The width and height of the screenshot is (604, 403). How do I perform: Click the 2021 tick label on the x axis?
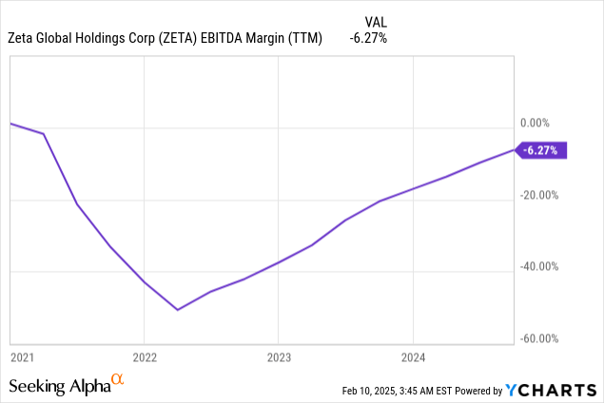pyautogui.click(x=22, y=356)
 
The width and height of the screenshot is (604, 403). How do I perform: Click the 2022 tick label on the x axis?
pyautogui.click(x=144, y=356)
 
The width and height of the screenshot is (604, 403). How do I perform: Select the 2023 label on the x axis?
pyautogui.click(x=278, y=356)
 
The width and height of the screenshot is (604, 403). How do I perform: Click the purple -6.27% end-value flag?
pyautogui.click(x=541, y=149)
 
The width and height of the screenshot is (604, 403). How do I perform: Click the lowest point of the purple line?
pyautogui.click(x=177, y=309)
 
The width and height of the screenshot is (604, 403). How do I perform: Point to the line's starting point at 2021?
pyautogui.click(x=10, y=124)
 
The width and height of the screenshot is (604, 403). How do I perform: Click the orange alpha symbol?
pyautogui.click(x=118, y=379)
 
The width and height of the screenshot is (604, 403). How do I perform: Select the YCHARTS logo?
pyautogui.click(x=553, y=389)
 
